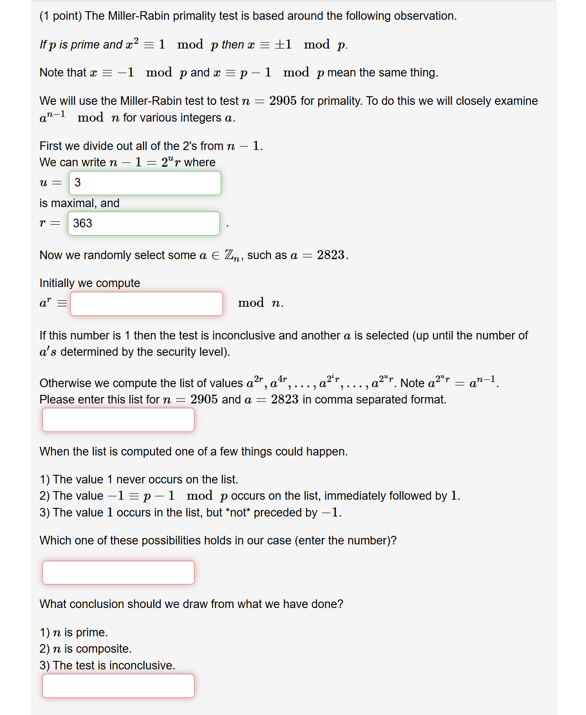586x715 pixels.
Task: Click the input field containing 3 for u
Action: (145, 183)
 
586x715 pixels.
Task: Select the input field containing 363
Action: (143, 223)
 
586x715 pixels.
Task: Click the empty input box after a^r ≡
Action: (146, 304)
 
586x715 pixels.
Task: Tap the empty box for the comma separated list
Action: (118, 420)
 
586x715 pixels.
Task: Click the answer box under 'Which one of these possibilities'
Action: (118, 572)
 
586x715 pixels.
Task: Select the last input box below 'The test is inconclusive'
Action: (118, 686)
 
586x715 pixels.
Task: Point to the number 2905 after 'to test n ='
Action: (283, 101)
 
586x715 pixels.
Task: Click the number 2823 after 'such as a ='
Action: (331, 255)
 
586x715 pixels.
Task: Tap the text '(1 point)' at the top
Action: (61, 16)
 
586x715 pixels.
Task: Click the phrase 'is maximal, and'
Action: (79, 203)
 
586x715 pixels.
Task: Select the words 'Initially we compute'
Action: (90, 283)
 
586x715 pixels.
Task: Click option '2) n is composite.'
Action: (85, 649)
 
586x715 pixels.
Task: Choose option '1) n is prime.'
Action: (73, 632)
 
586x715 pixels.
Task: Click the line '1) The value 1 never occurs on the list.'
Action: (139, 480)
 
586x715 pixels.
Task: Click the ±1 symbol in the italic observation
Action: (283, 45)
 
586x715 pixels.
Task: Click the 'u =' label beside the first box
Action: (51, 183)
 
